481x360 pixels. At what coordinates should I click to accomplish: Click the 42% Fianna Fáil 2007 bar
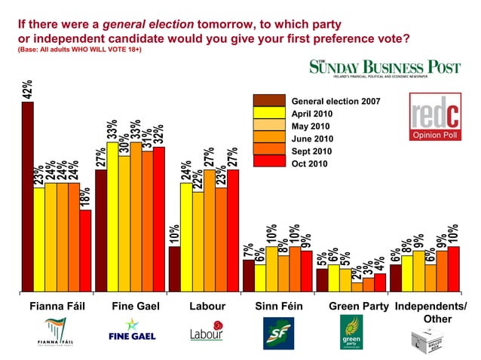[27, 196]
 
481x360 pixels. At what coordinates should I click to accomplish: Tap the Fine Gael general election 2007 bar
[101, 230]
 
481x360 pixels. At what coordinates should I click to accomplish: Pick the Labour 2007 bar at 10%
[174, 268]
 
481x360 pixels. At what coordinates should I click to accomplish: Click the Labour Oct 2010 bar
[232, 230]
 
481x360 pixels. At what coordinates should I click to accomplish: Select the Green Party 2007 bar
[322, 279]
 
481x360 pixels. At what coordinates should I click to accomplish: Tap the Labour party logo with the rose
[207, 332]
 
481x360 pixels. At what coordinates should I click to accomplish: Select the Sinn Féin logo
[277, 333]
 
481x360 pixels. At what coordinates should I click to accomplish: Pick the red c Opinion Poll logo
[434, 117]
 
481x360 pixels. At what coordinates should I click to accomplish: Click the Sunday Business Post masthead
[384, 68]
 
